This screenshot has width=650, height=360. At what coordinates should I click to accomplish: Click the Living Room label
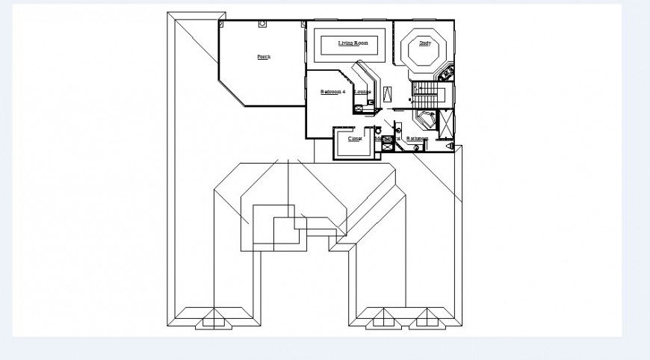pos(353,43)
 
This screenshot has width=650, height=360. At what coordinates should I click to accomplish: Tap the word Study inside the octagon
pos(424,43)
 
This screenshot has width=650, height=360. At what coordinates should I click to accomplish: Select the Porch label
pos(263,57)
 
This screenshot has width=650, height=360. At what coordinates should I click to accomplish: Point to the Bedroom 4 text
pos(332,92)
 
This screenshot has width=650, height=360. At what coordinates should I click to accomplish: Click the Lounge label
pos(362,92)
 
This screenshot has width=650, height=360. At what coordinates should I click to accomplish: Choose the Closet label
pos(355,139)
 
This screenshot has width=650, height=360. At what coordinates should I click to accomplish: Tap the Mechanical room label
pos(387,138)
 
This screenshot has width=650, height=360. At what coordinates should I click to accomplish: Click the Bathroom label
pos(417,139)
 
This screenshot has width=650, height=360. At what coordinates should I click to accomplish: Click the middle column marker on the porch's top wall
pos(262,24)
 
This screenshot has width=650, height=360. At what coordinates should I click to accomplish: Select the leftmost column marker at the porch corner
pos(221,24)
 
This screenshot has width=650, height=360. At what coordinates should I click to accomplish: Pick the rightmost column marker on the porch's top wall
pos(303,24)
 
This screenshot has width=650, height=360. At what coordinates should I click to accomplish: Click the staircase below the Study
pos(428,96)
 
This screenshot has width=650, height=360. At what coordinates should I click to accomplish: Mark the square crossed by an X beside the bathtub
pos(446,123)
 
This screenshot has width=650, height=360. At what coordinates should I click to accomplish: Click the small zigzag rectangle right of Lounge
pos(389,94)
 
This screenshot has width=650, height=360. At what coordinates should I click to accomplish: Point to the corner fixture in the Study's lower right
pos(447,73)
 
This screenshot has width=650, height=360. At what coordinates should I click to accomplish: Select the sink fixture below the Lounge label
pos(360,107)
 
